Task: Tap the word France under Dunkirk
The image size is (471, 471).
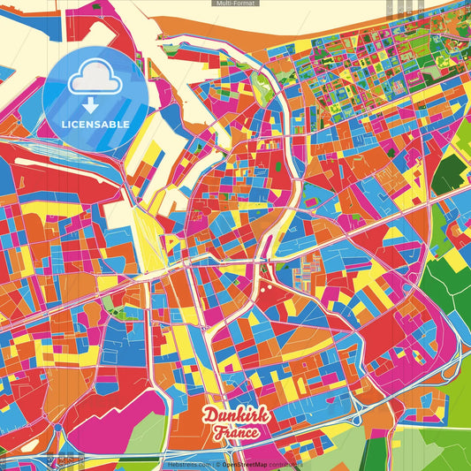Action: tap(235, 433)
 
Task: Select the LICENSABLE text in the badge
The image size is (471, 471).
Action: tap(95, 125)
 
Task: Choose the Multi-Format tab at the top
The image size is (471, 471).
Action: tap(235, 4)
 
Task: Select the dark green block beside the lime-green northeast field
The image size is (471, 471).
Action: tap(450, 171)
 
